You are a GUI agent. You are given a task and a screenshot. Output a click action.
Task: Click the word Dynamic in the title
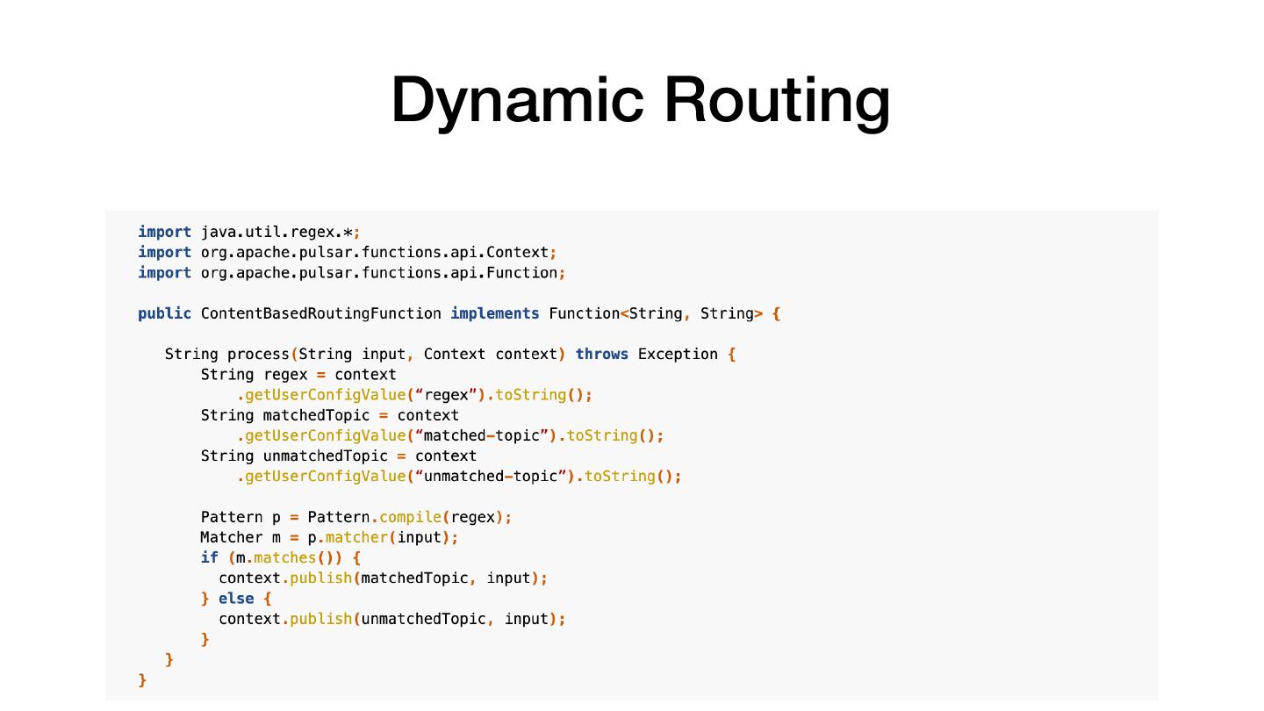516,100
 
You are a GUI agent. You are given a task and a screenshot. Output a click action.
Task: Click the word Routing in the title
777,100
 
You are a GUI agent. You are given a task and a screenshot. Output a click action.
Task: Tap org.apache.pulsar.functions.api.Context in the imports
375,253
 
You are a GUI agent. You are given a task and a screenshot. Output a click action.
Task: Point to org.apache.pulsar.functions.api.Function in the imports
379,273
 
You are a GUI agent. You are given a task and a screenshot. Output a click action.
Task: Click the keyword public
164,314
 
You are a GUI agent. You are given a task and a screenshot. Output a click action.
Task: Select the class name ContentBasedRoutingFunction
320,314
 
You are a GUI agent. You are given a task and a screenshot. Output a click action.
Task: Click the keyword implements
495,314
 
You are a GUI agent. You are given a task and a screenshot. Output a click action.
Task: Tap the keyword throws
601,355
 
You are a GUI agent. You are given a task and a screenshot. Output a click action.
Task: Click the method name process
258,355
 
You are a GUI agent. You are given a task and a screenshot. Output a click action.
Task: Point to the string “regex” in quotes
446,395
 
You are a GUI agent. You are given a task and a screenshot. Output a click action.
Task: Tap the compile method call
410,518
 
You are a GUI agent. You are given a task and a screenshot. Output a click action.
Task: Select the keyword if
209,558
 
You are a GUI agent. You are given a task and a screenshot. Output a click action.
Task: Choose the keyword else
236,599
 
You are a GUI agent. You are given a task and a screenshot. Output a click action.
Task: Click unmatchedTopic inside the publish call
423,620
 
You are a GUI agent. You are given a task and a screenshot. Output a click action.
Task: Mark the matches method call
284,558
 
